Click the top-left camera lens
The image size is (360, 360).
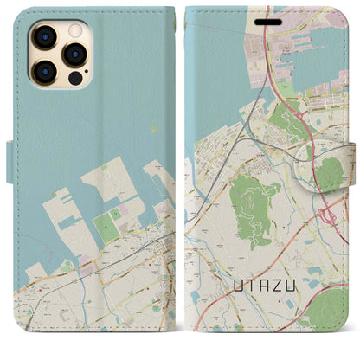[42, 37]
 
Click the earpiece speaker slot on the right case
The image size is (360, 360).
[273, 17]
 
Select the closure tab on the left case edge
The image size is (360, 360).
[10, 162]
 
